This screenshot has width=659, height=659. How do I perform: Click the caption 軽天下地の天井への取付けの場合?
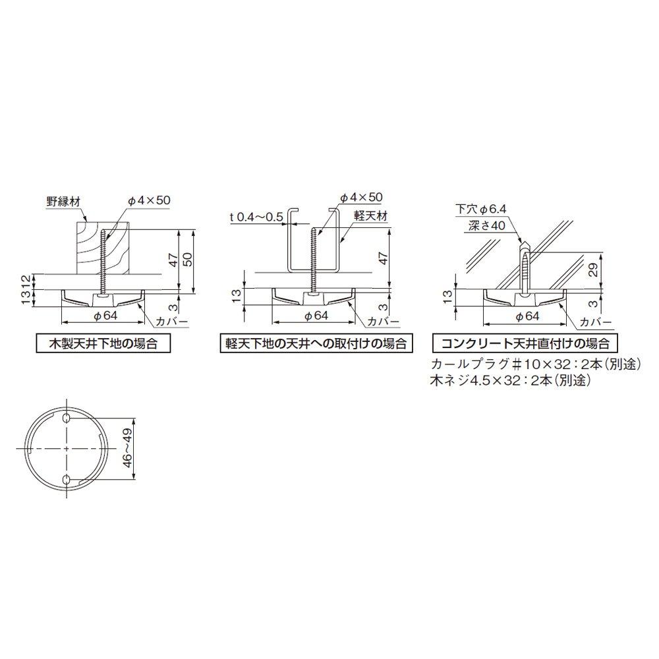(312, 343)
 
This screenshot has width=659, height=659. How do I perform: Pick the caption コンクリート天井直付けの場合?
(526, 343)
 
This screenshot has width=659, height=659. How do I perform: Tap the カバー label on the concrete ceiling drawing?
(590, 322)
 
